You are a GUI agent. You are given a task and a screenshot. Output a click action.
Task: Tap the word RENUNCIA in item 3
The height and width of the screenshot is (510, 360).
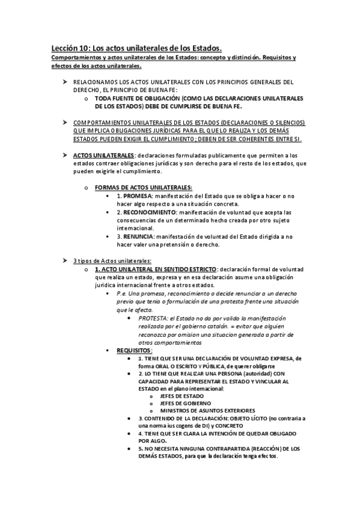click(x=138, y=236)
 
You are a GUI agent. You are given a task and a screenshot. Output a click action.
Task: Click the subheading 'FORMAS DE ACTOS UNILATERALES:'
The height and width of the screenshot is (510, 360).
click(x=144, y=188)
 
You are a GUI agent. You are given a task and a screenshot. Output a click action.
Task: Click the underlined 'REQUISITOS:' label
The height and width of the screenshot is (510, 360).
click(x=135, y=349)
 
